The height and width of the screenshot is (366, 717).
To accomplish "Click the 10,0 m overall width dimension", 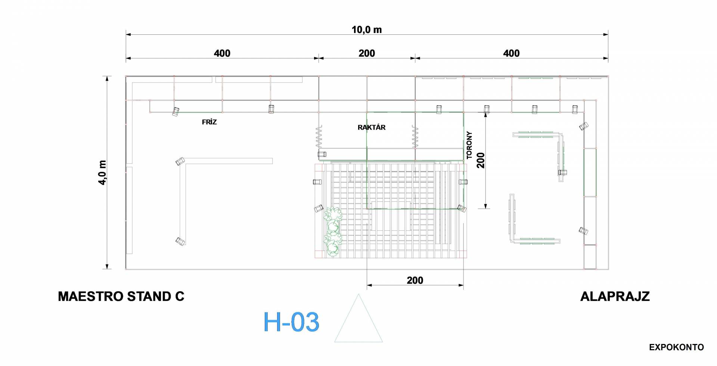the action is [367, 30].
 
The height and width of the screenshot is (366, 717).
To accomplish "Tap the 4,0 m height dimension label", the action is [102, 173].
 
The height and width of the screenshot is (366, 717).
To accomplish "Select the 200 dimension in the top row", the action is [367, 53].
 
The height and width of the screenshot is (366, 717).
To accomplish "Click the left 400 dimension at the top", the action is [222, 53].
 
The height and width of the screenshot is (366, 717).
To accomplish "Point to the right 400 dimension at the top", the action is [511, 53].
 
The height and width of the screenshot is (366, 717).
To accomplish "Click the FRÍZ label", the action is [209, 122].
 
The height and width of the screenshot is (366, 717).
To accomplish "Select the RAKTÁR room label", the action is [372, 127].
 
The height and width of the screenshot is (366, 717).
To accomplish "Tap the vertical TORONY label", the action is [469, 145].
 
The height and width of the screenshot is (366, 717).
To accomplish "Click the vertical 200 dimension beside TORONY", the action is [481, 160].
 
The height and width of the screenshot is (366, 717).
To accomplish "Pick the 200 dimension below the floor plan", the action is [415, 280].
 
